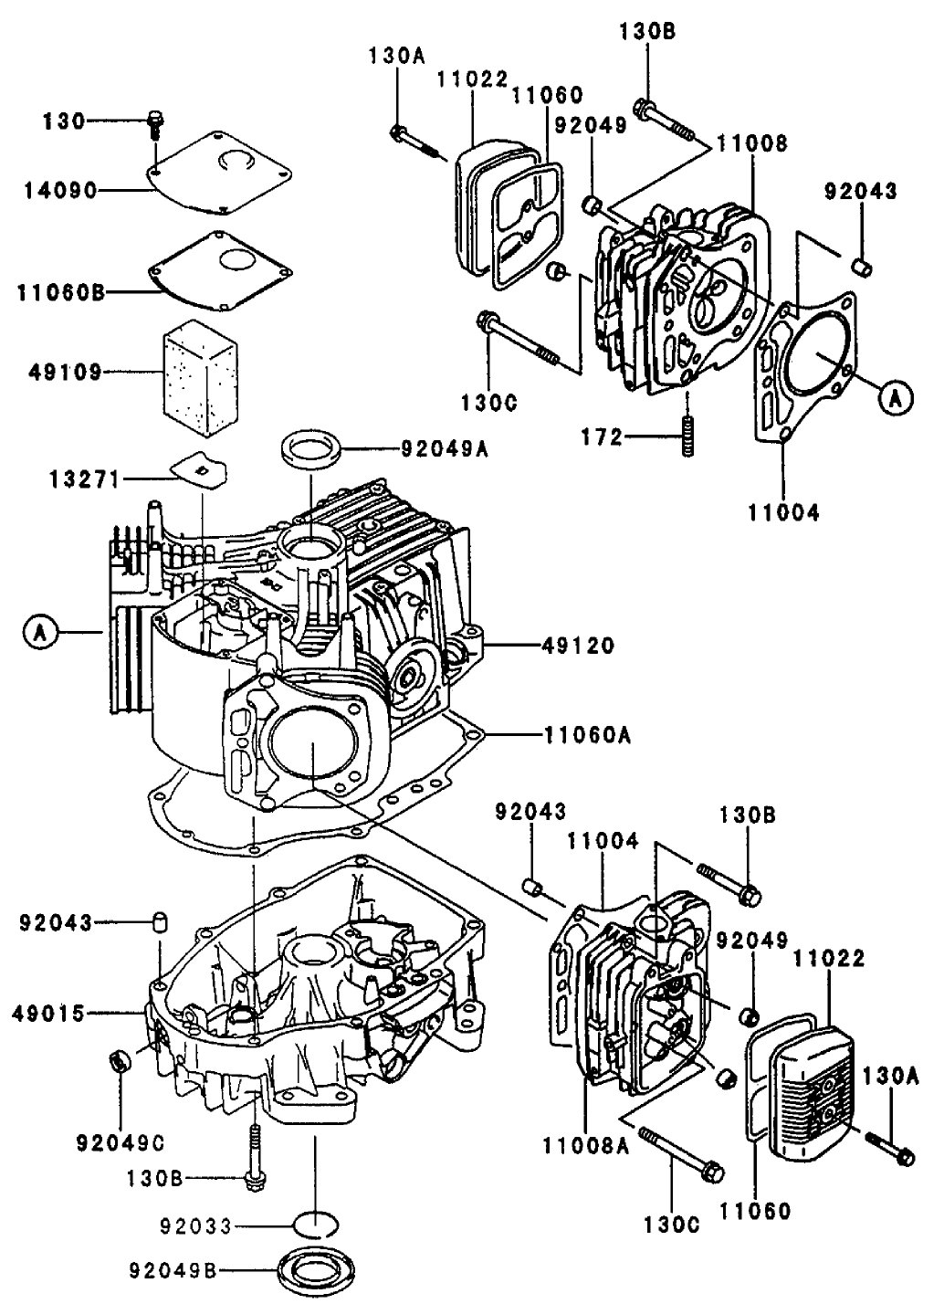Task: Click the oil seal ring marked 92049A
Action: [x=312, y=450]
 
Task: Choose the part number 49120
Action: [x=578, y=646]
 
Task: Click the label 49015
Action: [x=50, y=1013]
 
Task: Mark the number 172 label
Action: [x=603, y=438]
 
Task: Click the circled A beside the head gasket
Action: [x=896, y=397]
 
